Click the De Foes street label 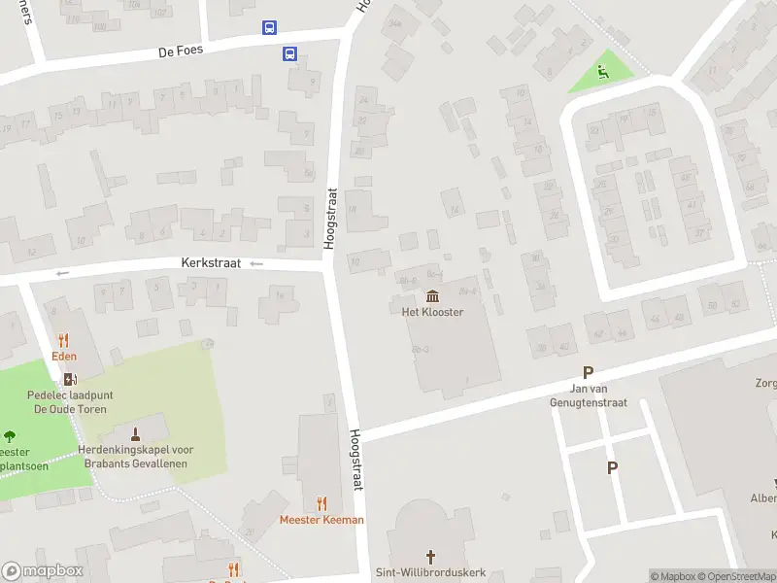pyautogui.click(x=182, y=50)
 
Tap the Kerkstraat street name pyautogui.click(x=211, y=263)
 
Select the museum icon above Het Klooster pyautogui.click(x=432, y=296)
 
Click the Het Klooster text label pyautogui.click(x=432, y=312)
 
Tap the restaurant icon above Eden pyautogui.click(x=64, y=340)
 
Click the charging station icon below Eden pyautogui.click(x=68, y=379)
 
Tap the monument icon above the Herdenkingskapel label pyautogui.click(x=135, y=432)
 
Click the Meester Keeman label pyautogui.click(x=321, y=520)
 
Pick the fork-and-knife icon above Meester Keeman pyautogui.click(x=321, y=503)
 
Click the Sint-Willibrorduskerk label pyautogui.click(x=430, y=572)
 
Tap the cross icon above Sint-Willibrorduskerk pyautogui.click(x=430, y=556)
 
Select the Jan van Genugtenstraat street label pyautogui.click(x=589, y=395)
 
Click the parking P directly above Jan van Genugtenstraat pyautogui.click(x=587, y=372)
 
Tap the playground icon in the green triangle pyautogui.click(x=602, y=71)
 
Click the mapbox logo pyautogui.click(x=42, y=571)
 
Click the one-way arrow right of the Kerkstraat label pyautogui.click(x=256, y=263)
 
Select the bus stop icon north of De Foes pyautogui.click(x=269, y=28)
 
